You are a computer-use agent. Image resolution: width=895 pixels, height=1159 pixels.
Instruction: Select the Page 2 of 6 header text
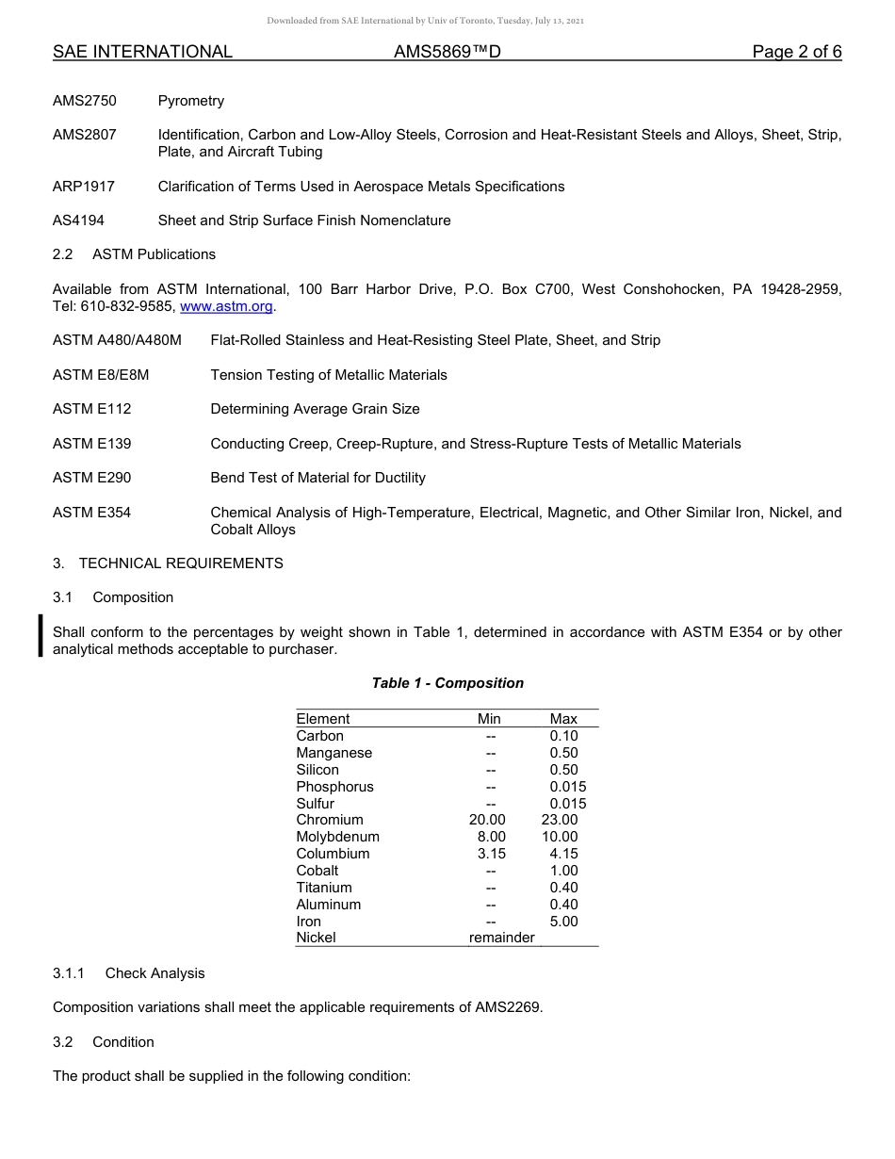click(796, 52)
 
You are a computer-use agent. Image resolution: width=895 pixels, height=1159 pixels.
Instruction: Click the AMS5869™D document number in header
click(447, 52)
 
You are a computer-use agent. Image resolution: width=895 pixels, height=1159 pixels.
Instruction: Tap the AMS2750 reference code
click(85, 101)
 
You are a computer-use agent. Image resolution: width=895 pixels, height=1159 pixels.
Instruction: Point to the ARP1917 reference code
click(84, 187)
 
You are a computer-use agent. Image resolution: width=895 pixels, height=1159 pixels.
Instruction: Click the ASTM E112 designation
click(92, 409)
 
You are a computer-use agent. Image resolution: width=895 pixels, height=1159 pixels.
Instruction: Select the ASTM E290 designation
click(92, 478)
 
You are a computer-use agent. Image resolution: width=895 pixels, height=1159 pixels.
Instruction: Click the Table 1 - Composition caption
click(447, 683)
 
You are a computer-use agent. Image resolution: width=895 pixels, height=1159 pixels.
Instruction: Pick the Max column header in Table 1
click(563, 719)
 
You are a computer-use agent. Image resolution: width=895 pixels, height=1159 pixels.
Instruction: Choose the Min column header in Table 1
click(489, 719)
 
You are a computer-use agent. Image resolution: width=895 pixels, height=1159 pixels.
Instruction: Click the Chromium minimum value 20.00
click(487, 820)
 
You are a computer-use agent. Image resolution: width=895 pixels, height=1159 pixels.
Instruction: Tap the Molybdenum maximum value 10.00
click(560, 837)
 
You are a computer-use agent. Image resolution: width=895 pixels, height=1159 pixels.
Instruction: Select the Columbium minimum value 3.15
click(491, 854)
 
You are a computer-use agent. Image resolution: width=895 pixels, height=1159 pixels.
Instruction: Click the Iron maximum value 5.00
click(563, 922)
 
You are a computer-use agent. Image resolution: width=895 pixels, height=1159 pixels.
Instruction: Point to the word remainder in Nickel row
click(501, 938)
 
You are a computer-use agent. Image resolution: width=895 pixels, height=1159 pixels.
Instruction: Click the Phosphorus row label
click(334, 787)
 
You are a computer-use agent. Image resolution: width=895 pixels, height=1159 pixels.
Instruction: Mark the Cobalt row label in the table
click(317, 871)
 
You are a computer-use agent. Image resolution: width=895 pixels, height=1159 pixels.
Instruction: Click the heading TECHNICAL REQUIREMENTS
click(181, 563)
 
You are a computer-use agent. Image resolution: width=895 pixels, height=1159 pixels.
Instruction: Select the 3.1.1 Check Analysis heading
click(128, 973)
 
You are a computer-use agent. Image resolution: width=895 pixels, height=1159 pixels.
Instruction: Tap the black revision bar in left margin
click(41, 633)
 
